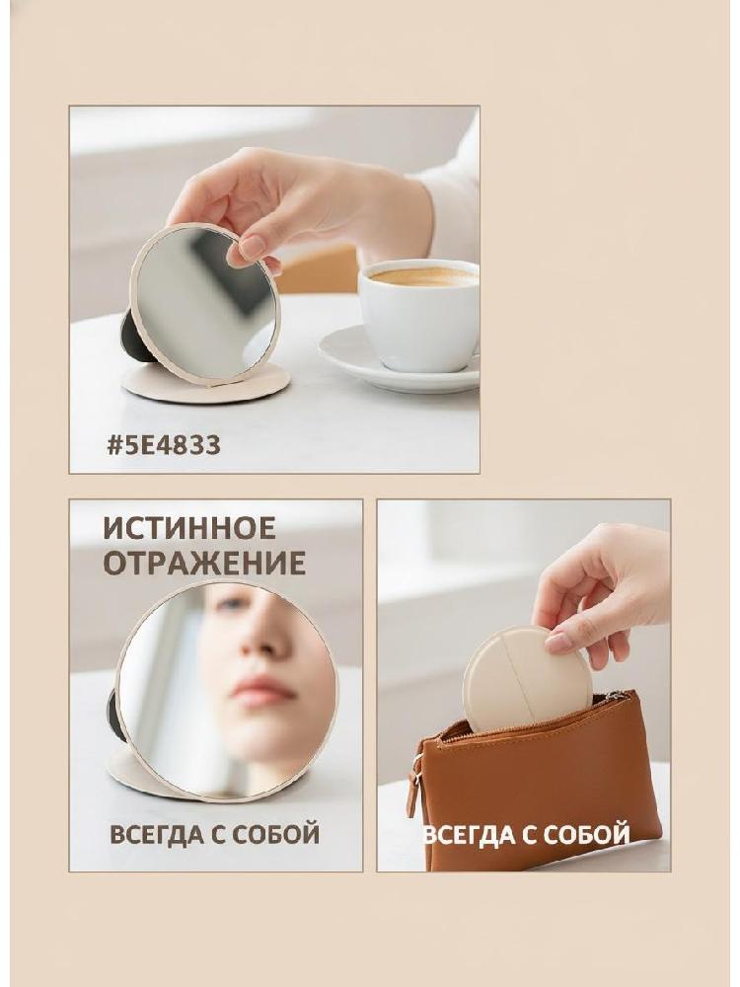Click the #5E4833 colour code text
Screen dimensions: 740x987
(x=164, y=445)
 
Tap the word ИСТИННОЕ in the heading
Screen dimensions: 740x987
(x=189, y=527)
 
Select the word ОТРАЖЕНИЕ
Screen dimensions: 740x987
(x=204, y=563)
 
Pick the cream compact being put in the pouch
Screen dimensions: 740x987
(x=527, y=680)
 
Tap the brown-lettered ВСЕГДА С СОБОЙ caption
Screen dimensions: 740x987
(x=214, y=835)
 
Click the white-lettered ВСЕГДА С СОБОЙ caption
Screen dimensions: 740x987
(x=527, y=835)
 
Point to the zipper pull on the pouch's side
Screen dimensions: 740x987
(x=412, y=790)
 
